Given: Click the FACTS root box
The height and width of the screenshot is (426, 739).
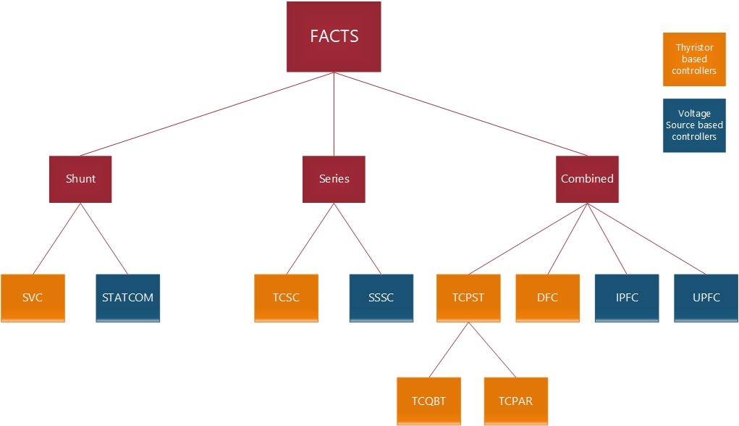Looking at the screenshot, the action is (x=334, y=36).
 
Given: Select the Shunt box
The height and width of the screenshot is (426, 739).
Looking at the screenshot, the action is (x=80, y=179).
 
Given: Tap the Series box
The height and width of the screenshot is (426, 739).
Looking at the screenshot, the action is (x=334, y=179).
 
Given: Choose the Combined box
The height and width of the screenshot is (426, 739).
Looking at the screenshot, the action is (x=587, y=179).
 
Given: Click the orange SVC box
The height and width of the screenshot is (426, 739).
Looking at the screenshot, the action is (x=33, y=298).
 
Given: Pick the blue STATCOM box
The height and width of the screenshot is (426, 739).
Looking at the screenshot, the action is (x=127, y=298).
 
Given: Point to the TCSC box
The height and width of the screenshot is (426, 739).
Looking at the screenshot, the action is (x=286, y=298).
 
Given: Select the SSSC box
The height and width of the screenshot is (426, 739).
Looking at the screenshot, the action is (x=381, y=298).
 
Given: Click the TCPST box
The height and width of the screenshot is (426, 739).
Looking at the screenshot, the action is (x=468, y=298).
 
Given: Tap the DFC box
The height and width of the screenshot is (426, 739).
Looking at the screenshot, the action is (x=548, y=298).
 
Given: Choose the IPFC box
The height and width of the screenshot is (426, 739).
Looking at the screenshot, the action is (x=627, y=298).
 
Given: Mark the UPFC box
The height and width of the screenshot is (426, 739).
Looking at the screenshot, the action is (x=706, y=298).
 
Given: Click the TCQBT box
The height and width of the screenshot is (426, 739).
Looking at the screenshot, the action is (x=429, y=401).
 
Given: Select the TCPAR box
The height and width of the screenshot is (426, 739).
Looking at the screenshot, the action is (x=516, y=401).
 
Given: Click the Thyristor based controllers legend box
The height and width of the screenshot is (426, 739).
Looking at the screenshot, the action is (x=694, y=59).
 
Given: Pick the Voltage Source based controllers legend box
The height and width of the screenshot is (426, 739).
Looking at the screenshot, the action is (x=694, y=125).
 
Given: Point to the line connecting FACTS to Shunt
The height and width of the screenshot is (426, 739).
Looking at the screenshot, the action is (x=207, y=114).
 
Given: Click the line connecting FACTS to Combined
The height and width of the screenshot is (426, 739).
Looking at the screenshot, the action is (x=460, y=114).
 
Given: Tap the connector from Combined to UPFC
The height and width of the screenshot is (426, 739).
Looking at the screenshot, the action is (x=646, y=238).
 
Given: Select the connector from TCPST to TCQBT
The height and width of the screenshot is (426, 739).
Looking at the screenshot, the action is (x=449, y=350).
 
